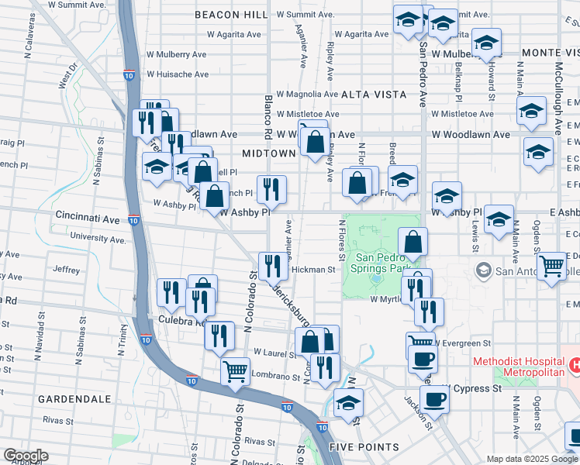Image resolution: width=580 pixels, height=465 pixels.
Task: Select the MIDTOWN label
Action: pyautogui.click(x=268, y=153)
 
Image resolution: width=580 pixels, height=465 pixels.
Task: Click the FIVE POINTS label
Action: pyautogui.click(x=364, y=447)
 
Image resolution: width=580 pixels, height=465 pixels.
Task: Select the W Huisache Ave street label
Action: pyautogui.click(x=178, y=75)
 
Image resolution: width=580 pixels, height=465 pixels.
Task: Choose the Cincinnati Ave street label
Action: pyautogui.click(x=87, y=220)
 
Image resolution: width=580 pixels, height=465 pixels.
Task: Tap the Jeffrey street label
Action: pyautogui.click(x=67, y=270)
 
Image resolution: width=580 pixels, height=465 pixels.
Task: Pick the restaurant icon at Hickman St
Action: pyautogui.click(x=272, y=266)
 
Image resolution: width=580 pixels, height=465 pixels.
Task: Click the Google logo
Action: pyautogui.click(x=26, y=456)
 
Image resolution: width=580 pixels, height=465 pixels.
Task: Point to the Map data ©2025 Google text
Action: pyautogui.click(x=532, y=459)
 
